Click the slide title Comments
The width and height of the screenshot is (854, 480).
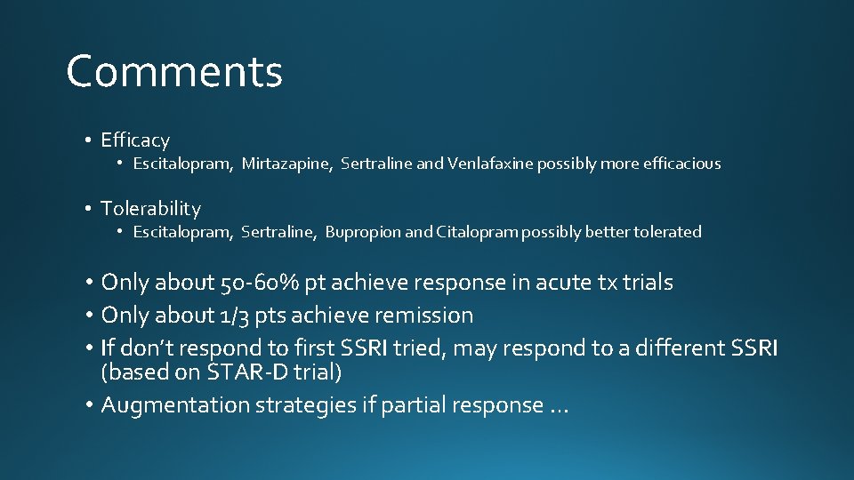tap(174, 72)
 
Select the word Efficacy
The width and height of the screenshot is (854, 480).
tap(135, 140)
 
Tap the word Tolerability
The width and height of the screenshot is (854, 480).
tap(150, 209)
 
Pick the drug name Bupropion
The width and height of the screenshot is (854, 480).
tap(363, 232)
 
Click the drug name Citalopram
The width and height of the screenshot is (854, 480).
tap(478, 232)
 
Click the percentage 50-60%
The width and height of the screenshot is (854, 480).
tap(259, 283)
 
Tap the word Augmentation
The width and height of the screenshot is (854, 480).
tap(175, 405)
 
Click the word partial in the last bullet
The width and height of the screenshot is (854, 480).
tap(415, 405)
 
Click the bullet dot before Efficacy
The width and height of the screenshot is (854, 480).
tap(90, 140)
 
